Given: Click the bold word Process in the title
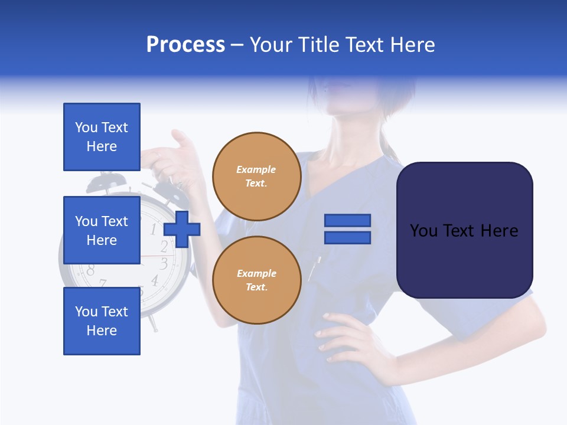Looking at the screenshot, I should coord(185,45).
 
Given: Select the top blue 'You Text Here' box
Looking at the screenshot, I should coord(102,137).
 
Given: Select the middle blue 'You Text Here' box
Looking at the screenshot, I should coord(102,230).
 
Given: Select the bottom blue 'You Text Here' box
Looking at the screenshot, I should coord(102,321).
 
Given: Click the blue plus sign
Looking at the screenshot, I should coord(182,230).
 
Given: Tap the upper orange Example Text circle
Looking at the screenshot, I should coord(256,176).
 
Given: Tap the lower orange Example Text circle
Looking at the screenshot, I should coord(256,280).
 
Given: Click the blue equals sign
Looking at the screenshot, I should coord(347,229).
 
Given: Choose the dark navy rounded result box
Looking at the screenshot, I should coord(464,230).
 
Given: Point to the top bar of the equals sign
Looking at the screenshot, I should coord(347,221).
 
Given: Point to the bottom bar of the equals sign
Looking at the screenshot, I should coord(347,237).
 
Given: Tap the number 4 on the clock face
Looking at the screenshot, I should coord(154,280).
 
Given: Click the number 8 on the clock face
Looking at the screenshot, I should coord(90,270).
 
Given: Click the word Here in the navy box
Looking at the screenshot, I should coord(498,230).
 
